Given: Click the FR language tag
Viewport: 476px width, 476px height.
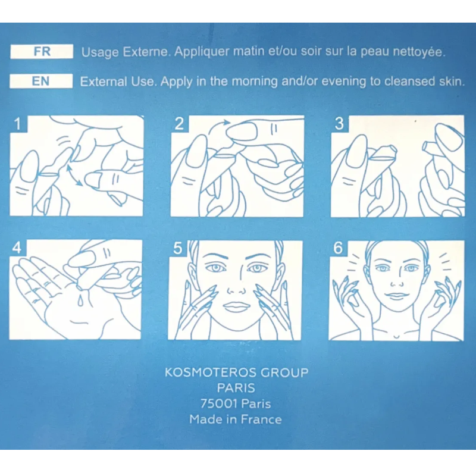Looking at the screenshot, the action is [x=42, y=51].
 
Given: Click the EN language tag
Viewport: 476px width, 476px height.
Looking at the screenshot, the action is [x=41, y=81].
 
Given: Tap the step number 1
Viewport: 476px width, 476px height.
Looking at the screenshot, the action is [x=18, y=124].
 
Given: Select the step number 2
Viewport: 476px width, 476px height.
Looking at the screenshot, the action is [x=179, y=124].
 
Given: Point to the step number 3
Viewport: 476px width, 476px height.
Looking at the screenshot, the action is [x=339, y=124].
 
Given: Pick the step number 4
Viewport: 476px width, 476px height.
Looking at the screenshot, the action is [x=17, y=248].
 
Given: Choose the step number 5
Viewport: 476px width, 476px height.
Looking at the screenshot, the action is [x=177, y=248].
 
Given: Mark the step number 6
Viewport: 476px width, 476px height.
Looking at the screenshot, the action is [x=338, y=248].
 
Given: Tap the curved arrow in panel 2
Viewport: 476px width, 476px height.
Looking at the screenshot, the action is [x=217, y=126].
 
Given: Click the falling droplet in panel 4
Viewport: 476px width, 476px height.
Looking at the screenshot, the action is [x=80, y=300].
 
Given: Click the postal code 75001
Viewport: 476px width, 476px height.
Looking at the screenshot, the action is [x=218, y=404].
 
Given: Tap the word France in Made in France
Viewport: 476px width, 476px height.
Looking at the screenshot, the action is [x=261, y=419].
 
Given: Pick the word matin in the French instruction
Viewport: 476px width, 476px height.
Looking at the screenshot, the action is [x=249, y=51].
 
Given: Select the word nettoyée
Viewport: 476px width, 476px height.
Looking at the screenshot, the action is [x=419, y=52].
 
